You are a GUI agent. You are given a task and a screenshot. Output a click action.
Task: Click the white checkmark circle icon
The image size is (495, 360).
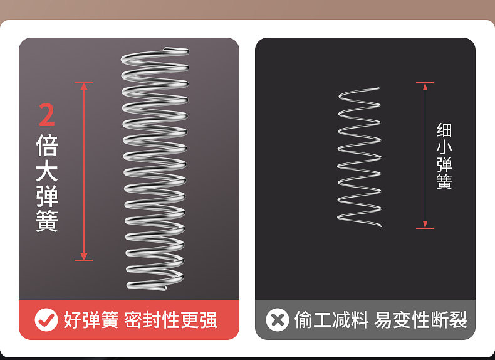46,320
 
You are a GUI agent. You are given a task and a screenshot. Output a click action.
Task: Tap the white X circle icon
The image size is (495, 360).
277,320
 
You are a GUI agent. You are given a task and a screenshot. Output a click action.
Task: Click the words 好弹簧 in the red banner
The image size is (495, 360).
91,320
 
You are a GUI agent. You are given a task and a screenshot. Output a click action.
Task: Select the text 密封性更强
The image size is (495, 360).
170,320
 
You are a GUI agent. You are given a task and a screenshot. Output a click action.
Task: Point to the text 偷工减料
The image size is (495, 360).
331,320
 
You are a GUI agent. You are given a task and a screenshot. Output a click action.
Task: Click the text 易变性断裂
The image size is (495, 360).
421,320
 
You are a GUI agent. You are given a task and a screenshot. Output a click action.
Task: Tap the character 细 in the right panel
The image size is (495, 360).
444,130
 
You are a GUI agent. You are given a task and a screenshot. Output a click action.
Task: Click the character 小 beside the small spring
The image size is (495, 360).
444,148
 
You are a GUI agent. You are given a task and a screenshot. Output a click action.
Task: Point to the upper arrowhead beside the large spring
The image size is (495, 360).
83,87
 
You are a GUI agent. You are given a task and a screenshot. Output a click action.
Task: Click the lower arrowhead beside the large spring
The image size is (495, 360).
83,256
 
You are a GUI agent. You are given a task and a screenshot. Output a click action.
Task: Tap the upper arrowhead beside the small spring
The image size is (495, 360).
425,86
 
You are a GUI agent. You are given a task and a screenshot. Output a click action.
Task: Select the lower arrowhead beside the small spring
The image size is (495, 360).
425,225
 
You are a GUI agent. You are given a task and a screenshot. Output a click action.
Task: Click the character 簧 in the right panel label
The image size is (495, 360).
444,183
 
